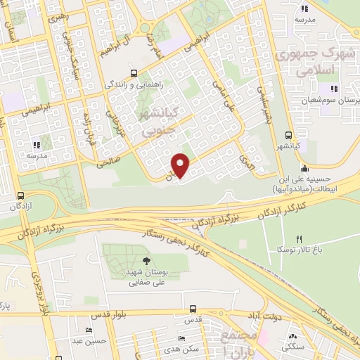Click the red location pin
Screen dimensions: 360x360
(181, 165)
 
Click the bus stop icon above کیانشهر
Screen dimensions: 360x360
(289, 136)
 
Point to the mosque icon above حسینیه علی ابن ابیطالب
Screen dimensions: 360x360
(304, 168)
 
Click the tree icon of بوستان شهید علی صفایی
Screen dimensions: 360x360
(146, 262)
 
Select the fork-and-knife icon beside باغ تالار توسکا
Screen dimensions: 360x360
(298, 239)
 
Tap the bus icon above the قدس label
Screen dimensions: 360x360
(193, 309)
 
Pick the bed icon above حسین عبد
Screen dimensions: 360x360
(89, 330)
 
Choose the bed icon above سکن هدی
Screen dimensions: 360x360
(181, 338)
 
